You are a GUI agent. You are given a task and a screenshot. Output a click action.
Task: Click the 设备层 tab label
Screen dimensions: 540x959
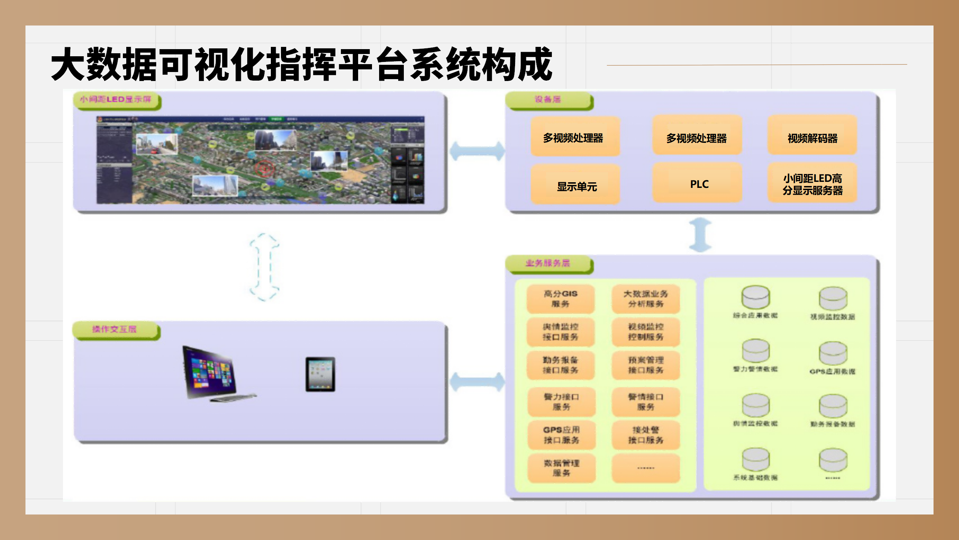click(548, 100)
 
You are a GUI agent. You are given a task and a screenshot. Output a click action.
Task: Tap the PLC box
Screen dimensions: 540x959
click(697, 184)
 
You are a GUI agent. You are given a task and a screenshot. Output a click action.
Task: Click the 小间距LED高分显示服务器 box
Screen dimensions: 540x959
click(812, 184)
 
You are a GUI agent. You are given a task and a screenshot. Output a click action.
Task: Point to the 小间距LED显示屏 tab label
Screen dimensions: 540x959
click(116, 100)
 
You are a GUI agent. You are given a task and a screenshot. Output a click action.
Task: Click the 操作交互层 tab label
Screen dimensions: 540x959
click(115, 330)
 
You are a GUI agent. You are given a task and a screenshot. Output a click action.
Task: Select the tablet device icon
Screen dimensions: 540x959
click(320, 375)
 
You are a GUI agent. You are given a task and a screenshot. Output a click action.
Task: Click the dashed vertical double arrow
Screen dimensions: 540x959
click(264, 267)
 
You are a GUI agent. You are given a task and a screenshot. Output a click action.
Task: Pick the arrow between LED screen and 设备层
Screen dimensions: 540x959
click(477, 151)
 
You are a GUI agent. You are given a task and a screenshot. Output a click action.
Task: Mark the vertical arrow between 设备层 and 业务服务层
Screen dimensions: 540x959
click(700, 235)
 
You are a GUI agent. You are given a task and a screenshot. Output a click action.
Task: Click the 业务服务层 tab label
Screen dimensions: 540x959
click(548, 263)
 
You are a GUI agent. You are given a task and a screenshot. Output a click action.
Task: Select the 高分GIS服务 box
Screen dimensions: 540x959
click(560, 299)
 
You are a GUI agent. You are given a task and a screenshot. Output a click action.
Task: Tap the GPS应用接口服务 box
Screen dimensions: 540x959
click(561, 435)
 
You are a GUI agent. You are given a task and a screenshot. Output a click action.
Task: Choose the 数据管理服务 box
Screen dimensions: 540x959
click(561, 468)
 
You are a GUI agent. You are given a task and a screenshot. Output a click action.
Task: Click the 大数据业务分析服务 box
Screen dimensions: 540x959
click(645, 299)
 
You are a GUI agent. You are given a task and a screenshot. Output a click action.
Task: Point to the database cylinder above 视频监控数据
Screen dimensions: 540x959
click(833, 299)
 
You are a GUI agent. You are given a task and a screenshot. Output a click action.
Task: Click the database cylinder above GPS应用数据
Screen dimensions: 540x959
click(833, 353)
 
